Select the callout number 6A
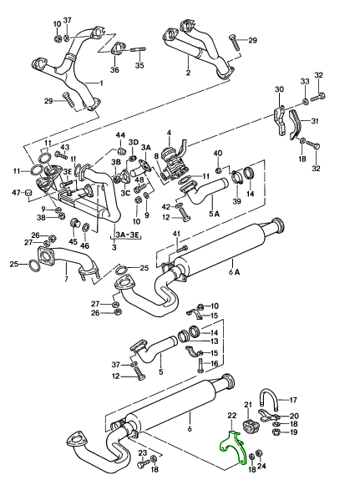[235, 272]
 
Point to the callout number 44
[121, 135]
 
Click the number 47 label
[17, 193]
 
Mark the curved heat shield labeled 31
[296, 124]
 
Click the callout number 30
[279, 89]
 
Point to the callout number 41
[176, 234]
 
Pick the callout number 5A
[214, 214]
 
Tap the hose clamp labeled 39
[238, 177]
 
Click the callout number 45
[73, 242]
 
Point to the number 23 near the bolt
[142, 453]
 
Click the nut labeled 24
[261, 453]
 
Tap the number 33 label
[305, 82]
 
